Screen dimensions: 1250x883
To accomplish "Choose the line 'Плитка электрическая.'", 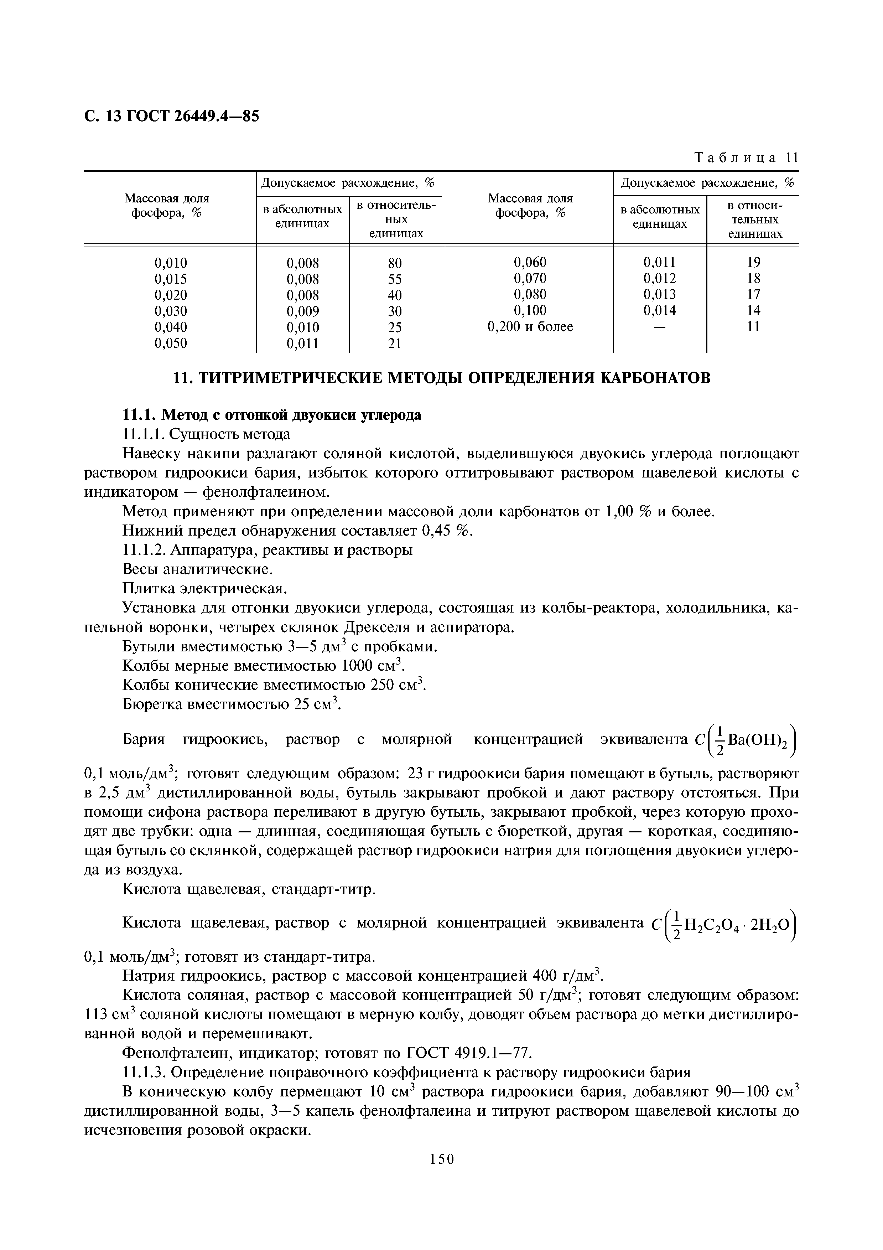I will (204, 589).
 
